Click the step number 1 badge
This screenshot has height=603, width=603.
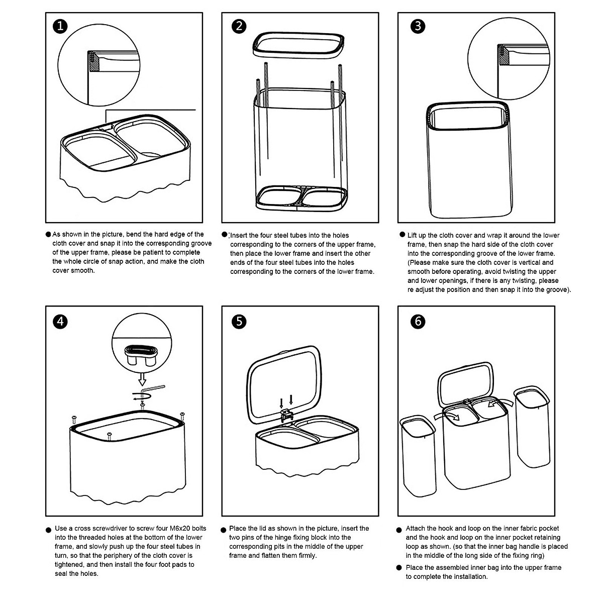[x=60, y=26]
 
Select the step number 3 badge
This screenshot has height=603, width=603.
[x=418, y=26]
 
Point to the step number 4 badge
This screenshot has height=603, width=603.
[x=60, y=321]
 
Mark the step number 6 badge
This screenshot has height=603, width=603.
[x=418, y=321]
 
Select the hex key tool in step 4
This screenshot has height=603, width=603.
[x=154, y=389]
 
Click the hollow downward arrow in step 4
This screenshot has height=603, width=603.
[x=142, y=377]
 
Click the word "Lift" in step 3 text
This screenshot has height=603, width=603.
[x=412, y=235]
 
